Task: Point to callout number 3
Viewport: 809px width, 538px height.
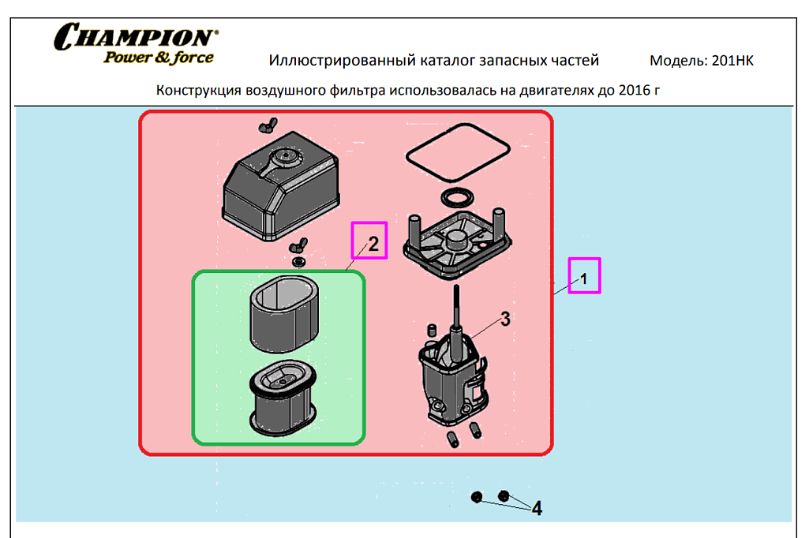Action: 504,319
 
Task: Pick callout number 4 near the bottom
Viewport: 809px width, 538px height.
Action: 537,509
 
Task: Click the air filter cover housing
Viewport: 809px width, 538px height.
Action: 280,189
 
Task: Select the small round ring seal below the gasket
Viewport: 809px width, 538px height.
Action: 456,196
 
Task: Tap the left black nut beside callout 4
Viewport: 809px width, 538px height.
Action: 476,497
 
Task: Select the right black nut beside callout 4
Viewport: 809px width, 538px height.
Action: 503,496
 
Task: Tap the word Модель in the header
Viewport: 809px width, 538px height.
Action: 677,61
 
